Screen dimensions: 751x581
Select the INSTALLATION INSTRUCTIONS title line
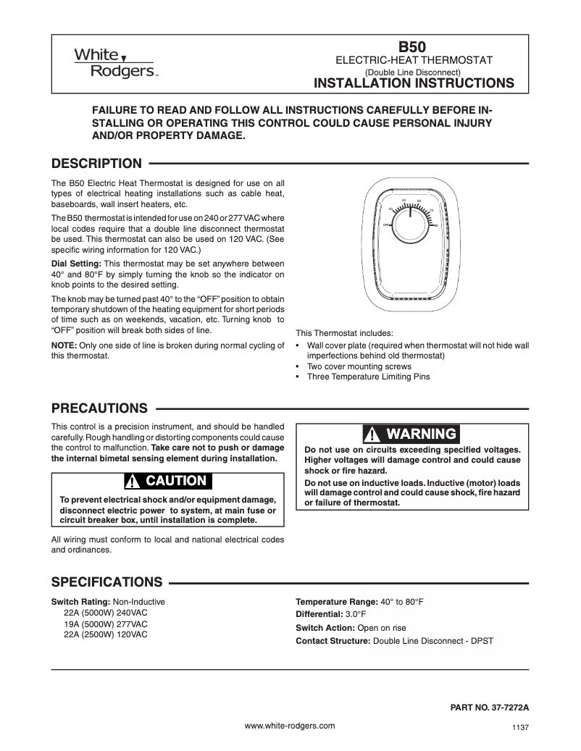(x=413, y=83)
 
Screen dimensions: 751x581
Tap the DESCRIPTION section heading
(x=96, y=163)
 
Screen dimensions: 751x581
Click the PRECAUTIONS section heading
(x=99, y=408)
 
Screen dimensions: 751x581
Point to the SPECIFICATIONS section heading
(x=106, y=582)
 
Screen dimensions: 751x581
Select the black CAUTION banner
(x=167, y=481)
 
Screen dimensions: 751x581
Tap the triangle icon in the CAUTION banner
(x=133, y=482)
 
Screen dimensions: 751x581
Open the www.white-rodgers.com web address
(x=290, y=725)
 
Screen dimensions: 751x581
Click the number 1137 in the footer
(x=521, y=729)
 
